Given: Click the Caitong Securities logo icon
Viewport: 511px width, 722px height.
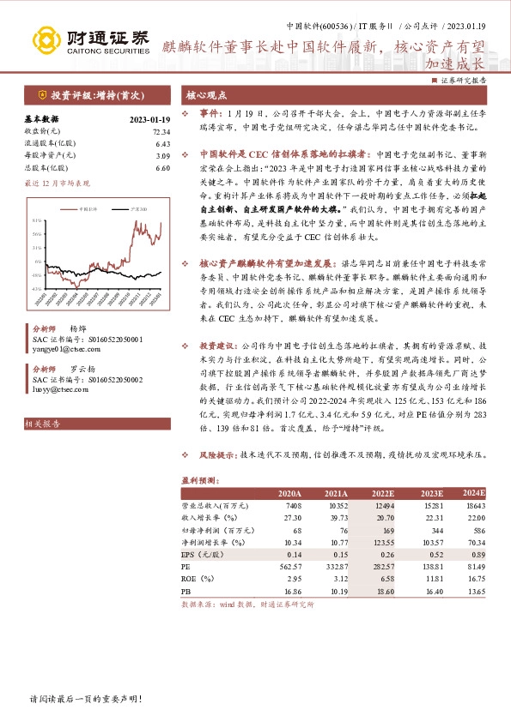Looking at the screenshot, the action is point(44,39).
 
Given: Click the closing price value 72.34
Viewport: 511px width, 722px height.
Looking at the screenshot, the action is point(161,132).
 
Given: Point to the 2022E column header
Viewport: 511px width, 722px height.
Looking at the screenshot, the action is point(382,494).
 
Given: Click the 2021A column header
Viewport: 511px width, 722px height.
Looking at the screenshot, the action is point(336,494).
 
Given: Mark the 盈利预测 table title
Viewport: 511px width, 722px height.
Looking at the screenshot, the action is point(199,481).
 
